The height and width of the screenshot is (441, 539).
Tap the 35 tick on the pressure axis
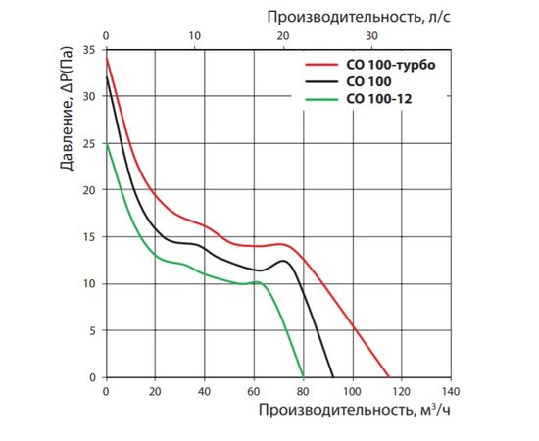click(90, 49)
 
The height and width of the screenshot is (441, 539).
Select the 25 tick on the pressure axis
click(90, 143)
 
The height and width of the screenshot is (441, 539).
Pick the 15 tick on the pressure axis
click(90, 237)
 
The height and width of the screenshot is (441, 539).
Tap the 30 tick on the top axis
click(371, 36)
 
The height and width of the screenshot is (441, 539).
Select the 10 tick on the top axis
click(194, 36)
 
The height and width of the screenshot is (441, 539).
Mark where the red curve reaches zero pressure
click(389, 377)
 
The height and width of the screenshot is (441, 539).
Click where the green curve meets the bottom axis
click(304, 377)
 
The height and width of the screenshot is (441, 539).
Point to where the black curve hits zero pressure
click(333, 377)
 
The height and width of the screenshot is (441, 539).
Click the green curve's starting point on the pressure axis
click(106, 145)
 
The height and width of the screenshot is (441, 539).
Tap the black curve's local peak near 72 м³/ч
click(282, 261)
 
